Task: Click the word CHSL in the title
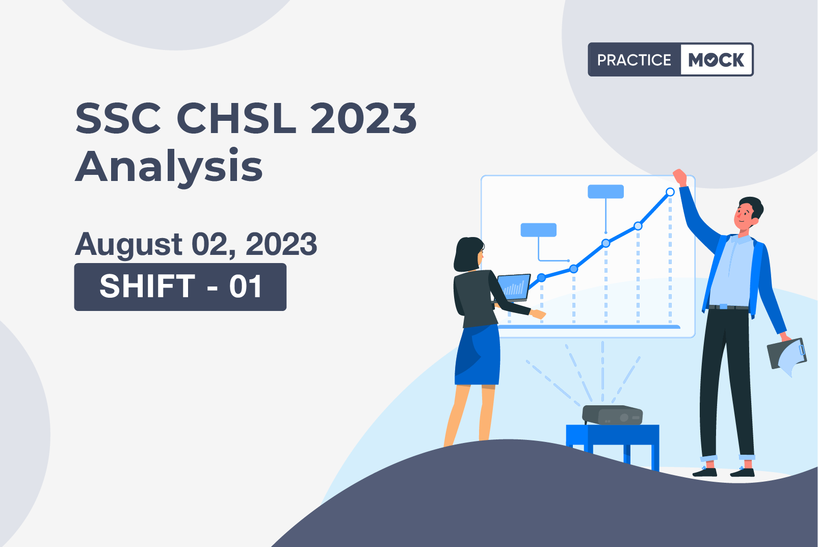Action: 236,118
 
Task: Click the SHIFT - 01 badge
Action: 180,287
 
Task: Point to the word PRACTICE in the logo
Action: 634,60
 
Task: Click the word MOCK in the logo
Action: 716,60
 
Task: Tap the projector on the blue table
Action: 613,415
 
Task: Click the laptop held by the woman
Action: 513,288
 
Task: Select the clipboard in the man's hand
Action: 786,355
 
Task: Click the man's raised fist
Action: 680,177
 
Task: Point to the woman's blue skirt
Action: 477,355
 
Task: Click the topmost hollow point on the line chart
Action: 670,192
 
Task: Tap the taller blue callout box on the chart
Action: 605,192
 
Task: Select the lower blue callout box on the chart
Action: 538,230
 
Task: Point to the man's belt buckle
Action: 723,307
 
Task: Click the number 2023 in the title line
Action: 363,118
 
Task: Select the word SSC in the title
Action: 118,118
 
